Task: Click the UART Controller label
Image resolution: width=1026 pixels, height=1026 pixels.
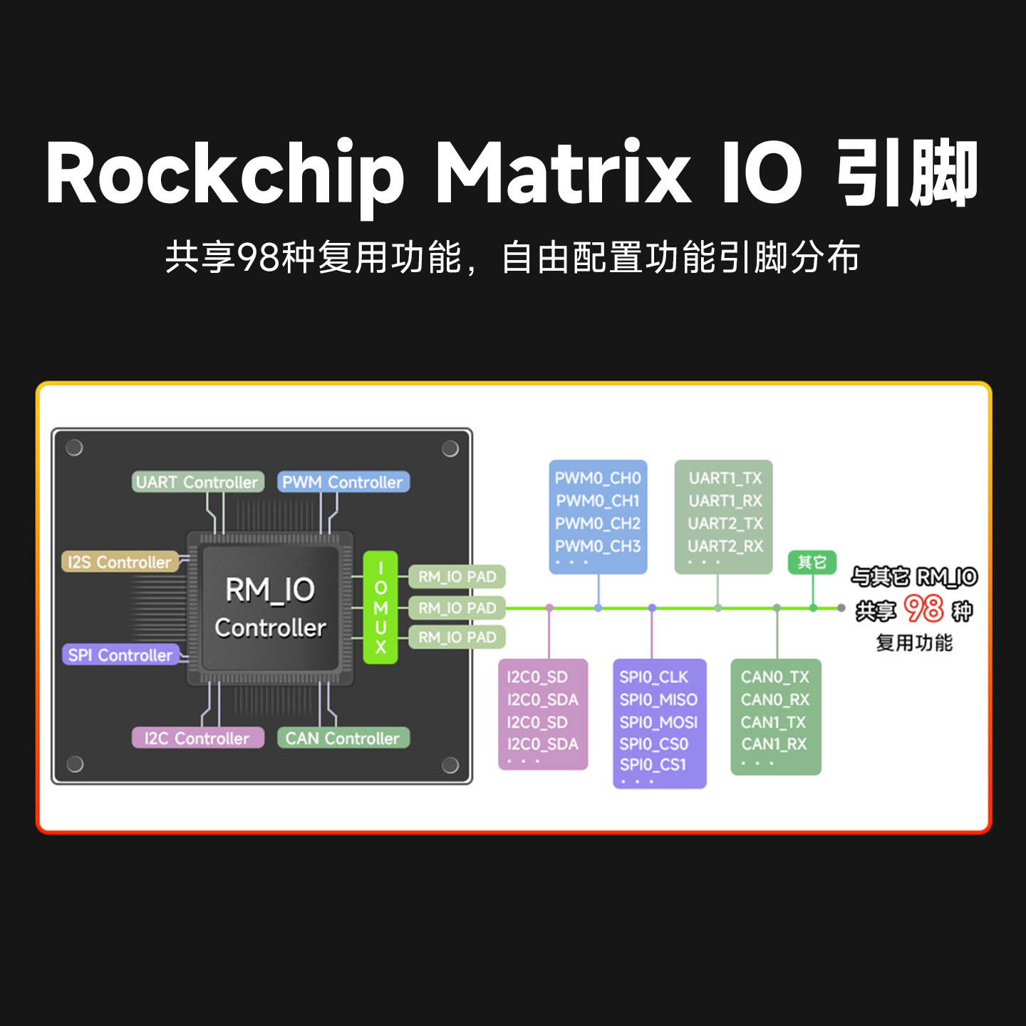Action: [197, 482]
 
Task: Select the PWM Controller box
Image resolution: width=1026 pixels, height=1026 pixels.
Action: [343, 482]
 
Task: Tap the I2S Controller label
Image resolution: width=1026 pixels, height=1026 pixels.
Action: [120, 562]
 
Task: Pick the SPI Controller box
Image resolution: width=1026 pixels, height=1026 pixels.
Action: [120, 655]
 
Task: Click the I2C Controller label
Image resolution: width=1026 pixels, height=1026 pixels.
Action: [197, 738]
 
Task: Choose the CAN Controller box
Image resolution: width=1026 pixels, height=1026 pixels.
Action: [343, 738]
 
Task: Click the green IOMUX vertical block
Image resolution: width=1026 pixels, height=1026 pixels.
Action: [380, 608]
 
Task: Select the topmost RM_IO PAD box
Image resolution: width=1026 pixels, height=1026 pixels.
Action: [457, 576]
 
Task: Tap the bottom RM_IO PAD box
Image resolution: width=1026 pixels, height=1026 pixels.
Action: [457, 637]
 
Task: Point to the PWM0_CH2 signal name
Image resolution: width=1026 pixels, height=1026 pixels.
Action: [598, 524]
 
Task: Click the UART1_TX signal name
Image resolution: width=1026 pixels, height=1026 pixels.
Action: [725, 478]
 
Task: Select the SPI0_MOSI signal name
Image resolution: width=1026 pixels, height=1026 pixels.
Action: [658, 722]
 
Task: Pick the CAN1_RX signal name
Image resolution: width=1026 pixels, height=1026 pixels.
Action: [774, 745]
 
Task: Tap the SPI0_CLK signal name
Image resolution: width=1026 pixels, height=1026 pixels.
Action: [654, 677]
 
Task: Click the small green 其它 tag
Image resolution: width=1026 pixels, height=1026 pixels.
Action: [812, 562]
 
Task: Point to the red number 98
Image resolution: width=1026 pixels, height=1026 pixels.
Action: [923, 609]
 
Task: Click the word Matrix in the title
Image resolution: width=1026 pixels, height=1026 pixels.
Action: [563, 173]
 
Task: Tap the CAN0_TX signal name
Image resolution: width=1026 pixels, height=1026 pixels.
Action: [775, 677]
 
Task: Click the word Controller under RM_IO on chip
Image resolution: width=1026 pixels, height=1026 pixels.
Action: [271, 628]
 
